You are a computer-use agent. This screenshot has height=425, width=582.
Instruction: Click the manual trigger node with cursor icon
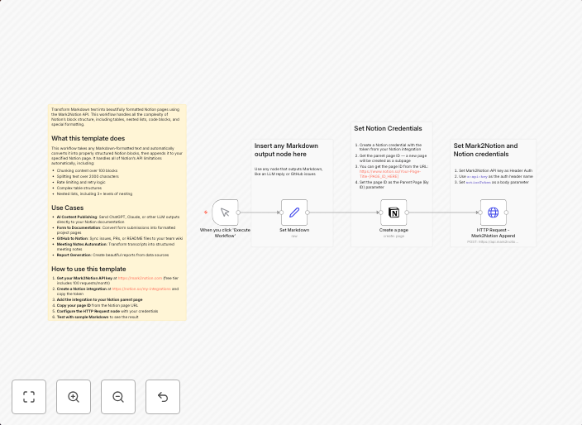coord(225,212)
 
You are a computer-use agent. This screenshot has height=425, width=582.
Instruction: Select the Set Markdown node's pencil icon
coord(294,212)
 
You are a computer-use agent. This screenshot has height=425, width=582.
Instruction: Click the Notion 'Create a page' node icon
coord(394,212)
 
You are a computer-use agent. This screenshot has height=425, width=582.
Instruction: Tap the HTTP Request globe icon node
coord(494,212)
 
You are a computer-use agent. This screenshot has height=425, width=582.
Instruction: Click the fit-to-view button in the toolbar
coord(29,397)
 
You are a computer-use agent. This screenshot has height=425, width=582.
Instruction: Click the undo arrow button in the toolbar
coord(163,397)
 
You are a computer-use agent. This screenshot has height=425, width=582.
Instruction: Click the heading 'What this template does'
coord(88,138)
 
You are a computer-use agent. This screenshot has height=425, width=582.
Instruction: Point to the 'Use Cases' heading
coord(67,208)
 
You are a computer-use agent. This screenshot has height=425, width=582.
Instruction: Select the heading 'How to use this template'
coord(89,269)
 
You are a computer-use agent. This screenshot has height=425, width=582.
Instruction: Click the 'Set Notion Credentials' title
coord(388,128)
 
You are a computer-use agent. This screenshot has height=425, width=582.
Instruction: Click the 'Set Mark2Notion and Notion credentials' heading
coord(486,150)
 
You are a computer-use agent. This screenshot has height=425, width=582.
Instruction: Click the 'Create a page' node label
coord(394,230)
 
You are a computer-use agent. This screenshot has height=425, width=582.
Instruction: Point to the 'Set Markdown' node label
coord(294,230)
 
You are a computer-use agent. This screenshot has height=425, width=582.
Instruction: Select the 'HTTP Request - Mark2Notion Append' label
coord(494,232)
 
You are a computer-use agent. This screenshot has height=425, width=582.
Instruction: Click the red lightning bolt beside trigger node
coord(206,212)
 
